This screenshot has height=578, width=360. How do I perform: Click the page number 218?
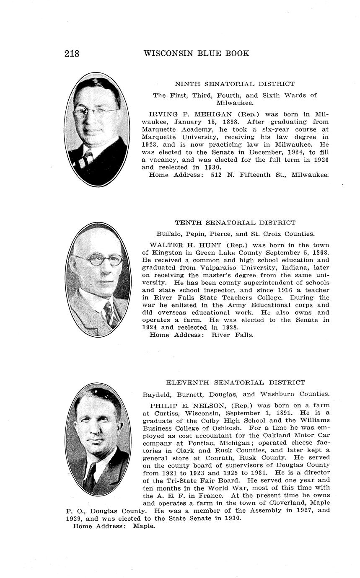coord(72,54)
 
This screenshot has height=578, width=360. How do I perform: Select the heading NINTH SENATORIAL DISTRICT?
coord(235,84)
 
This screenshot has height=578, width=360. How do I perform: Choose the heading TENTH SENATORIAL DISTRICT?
coord(235,223)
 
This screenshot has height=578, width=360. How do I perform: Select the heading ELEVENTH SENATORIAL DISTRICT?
coord(236,382)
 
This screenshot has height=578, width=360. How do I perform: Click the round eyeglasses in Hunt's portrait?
coord(98,260)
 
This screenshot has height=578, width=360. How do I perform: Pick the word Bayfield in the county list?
coord(157,394)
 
